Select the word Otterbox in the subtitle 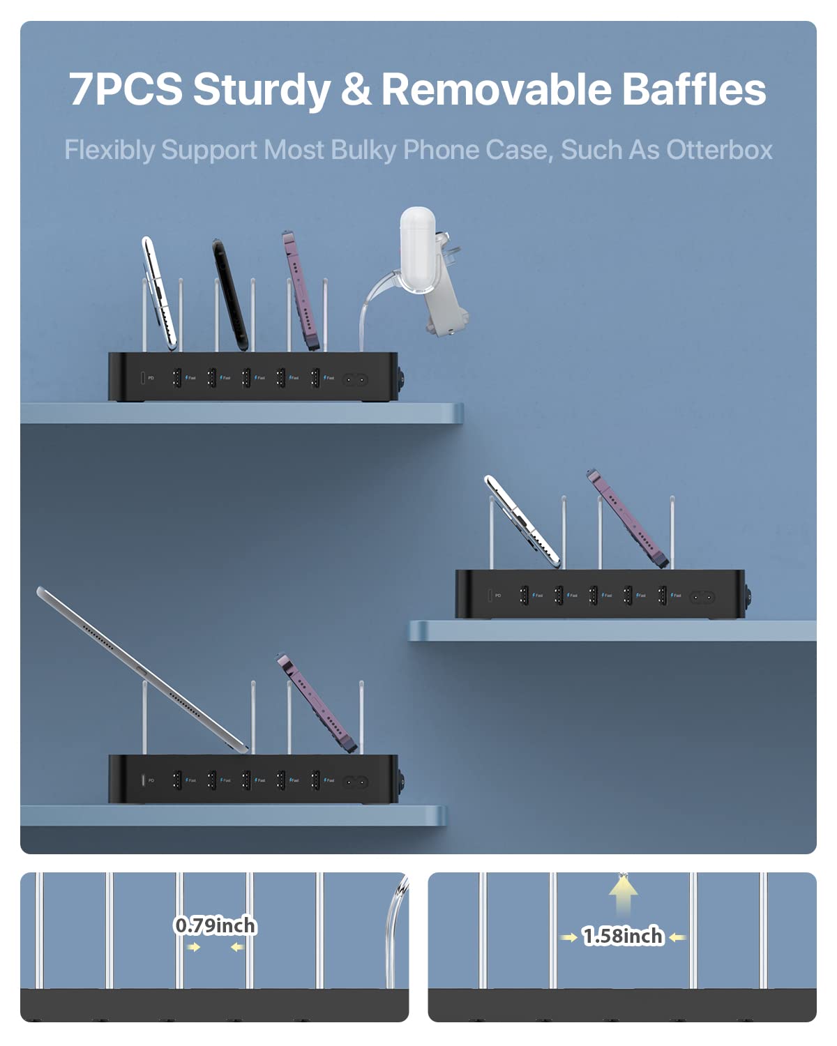[x=719, y=150]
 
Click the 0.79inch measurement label [x=215, y=926]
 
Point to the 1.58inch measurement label [x=623, y=936]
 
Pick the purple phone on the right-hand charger [x=628, y=519]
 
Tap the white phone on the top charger [x=159, y=293]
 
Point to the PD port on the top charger [x=143, y=378]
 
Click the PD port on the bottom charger [x=143, y=780]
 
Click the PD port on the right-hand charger [x=490, y=596]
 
